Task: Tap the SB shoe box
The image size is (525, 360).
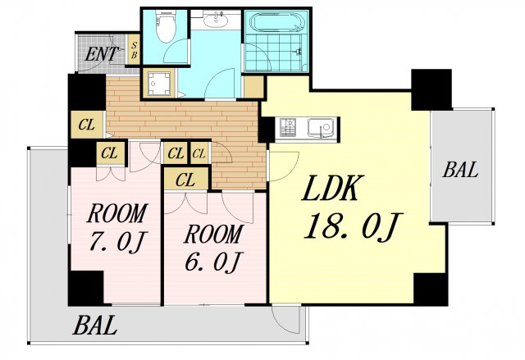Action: pyautogui.click(x=134, y=49)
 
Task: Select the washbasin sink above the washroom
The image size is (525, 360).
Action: pyautogui.click(x=216, y=20)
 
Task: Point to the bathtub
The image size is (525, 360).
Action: pyautogui.click(x=279, y=23)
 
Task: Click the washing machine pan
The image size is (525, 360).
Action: pyautogui.click(x=157, y=84)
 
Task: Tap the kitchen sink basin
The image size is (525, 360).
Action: pyautogui.click(x=321, y=127)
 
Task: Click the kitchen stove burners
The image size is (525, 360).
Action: pyautogui.click(x=288, y=127)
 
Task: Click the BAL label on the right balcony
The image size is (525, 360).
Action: pyautogui.click(x=460, y=169)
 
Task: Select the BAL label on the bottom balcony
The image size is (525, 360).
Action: pyautogui.click(x=95, y=326)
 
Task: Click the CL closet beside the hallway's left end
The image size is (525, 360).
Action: pyautogui.click(x=87, y=125)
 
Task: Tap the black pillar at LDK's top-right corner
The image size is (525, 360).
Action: pyautogui.click(x=431, y=89)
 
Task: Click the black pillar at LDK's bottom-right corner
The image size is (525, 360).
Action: pyautogui.click(x=431, y=289)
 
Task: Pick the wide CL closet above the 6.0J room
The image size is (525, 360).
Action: pyautogui.click(x=185, y=180)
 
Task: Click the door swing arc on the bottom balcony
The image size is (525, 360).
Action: pyautogui.click(x=285, y=320)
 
